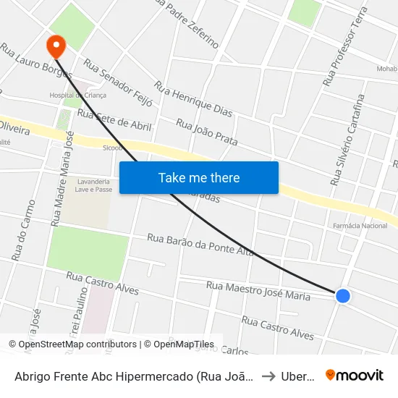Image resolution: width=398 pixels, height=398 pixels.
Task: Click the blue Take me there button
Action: coord(198,177)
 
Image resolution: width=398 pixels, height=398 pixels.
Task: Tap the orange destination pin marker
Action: coord(56,46)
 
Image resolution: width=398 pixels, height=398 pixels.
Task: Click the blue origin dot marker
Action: coord(343,295)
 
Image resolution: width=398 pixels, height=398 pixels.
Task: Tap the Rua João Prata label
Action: coord(207,132)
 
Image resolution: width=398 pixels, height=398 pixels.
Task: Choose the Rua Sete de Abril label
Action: coord(114,120)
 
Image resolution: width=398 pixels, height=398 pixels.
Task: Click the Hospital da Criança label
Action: coord(77,95)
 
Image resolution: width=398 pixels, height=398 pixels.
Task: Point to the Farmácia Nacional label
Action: coord(360,226)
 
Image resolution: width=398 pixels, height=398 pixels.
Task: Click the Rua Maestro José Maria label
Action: coord(258,290)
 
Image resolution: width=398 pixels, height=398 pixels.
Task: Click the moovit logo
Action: coord(354,375)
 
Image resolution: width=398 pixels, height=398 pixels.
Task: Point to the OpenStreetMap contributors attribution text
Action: coord(72,344)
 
